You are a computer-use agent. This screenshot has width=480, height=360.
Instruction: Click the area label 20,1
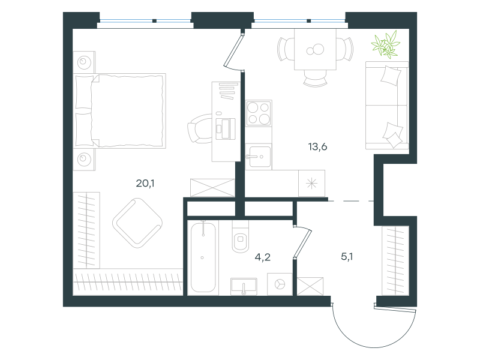pyautogui.click(x=145, y=184)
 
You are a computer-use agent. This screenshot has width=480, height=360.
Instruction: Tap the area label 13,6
pyautogui.click(x=318, y=147)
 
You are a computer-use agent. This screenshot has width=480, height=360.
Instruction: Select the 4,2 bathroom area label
pyautogui.click(x=263, y=257)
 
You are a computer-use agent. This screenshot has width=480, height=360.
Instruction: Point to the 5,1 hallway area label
pyautogui.click(x=347, y=257)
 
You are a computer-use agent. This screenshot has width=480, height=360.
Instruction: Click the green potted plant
pyautogui.click(x=385, y=44)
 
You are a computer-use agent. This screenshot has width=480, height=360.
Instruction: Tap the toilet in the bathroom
pyautogui.click(x=241, y=236)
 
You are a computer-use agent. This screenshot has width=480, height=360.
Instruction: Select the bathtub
pyautogui.click(x=203, y=257)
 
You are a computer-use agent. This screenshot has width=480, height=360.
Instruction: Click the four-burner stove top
pyautogui.click(x=259, y=113)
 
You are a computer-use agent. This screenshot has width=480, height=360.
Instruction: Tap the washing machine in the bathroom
pyautogui.click(x=280, y=284)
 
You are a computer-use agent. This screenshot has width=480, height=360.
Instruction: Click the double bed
pyautogui.click(x=119, y=110)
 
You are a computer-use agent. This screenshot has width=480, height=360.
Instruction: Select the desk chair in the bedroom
pyautogui.click(x=200, y=128)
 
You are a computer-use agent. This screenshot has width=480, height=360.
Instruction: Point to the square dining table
pyautogui.click(x=316, y=49)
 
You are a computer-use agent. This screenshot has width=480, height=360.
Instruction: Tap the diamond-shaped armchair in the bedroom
pyautogui.click(x=137, y=223)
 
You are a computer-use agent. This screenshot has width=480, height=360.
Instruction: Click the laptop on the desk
pyautogui.click(x=226, y=128)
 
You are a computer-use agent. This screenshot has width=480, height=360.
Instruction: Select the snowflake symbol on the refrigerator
pyautogui.click(x=311, y=184)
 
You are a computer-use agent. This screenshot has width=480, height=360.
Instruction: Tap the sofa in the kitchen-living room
pyautogui.click(x=387, y=106)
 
